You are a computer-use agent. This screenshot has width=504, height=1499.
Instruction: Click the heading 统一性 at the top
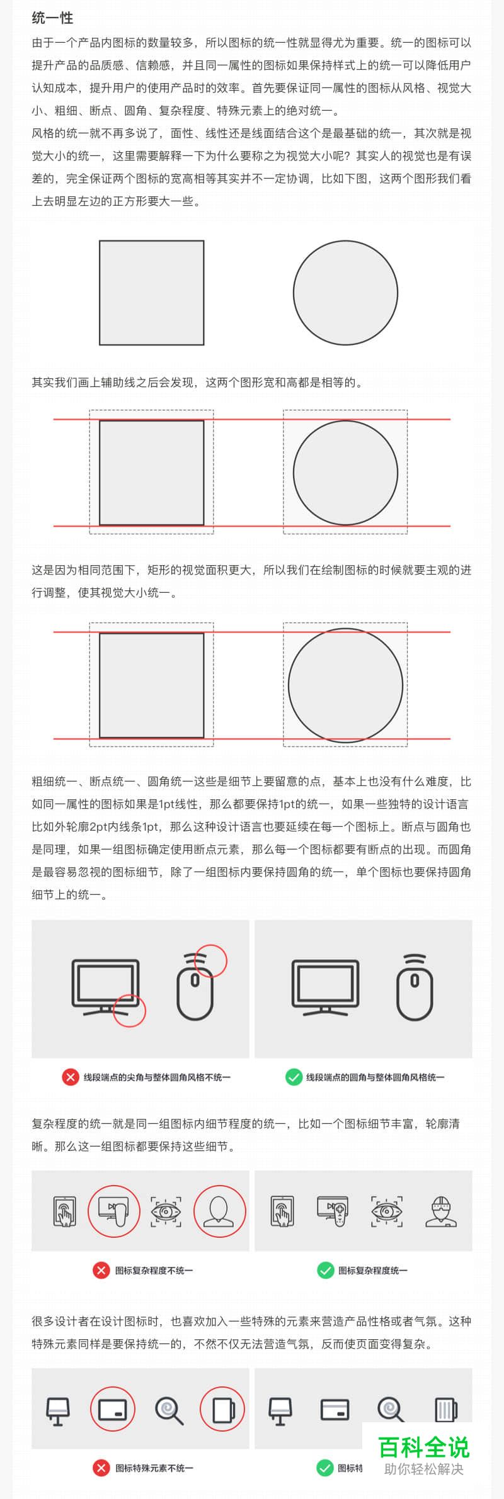click(52, 18)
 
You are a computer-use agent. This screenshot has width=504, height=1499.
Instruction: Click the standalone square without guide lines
click(152, 293)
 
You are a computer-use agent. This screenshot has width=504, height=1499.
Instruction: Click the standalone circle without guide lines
click(345, 293)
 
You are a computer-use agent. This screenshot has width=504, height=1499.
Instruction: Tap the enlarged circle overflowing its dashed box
click(345, 685)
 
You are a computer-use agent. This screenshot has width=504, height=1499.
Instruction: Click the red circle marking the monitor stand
click(129, 1010)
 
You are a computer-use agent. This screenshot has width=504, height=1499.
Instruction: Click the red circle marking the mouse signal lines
click(210, 960)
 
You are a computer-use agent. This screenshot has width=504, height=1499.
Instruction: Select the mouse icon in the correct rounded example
click(415, 987)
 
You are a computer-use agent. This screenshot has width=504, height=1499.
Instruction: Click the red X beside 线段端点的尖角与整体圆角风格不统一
click(70, 1077)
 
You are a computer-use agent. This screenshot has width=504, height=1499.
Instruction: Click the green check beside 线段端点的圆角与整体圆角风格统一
click(294, 1077)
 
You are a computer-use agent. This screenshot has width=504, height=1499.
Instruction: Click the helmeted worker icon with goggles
click(441, 1211)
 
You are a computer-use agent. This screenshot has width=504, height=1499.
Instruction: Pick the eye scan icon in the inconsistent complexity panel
click(166, 1211)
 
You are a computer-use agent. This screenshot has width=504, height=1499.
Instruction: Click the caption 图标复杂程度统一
click(372, 1270)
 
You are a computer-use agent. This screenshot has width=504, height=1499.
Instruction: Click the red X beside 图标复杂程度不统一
click(101, 1270)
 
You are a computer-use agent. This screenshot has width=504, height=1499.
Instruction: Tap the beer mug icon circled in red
click(222, 1410)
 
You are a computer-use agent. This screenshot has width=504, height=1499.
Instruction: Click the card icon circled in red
click(113, 1410)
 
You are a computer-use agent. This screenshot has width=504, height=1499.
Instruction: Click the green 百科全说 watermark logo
click(424, 1447)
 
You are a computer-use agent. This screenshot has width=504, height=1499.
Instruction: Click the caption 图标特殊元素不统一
click(154, 1468)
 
